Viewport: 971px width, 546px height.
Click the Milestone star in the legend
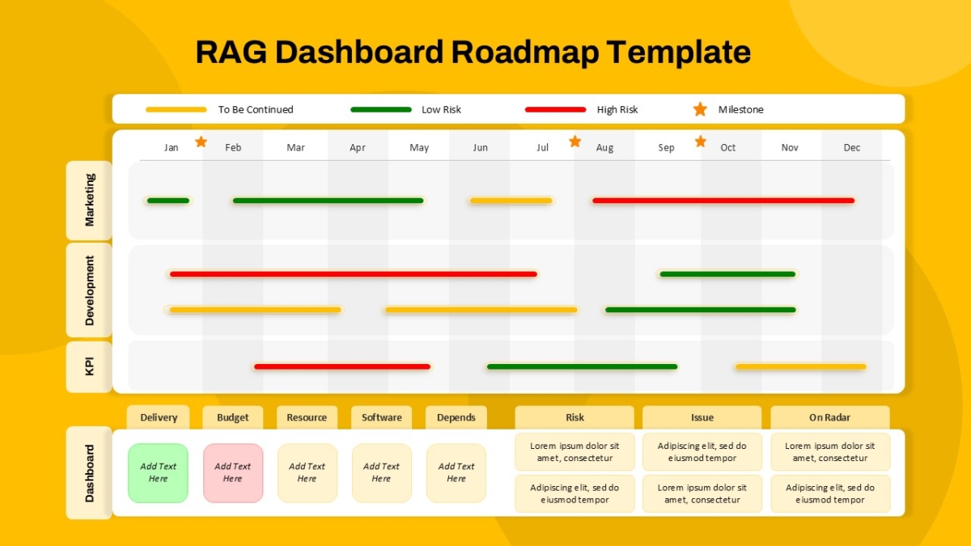pos(700,109)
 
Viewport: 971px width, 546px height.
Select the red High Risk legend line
pos(555,110)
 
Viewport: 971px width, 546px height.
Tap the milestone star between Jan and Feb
pos(201,142)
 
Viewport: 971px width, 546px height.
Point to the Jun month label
pos(481,148)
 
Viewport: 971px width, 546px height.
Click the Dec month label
pos(852,148)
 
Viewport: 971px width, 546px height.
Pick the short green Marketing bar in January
pos(168,201)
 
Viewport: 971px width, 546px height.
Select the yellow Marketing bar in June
pos(511,201)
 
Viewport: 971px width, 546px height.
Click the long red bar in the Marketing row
pos(723,201)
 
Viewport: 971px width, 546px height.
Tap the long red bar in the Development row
pos(354,274)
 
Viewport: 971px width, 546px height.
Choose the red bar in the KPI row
pos(342,366)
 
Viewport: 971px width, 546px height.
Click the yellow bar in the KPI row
pos(800,366)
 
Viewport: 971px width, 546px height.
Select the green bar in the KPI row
pos(582,366)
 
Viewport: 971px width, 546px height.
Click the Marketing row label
pos(89,201)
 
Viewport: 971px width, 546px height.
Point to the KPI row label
pos(89,366)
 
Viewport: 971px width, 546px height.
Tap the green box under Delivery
pos(159,472)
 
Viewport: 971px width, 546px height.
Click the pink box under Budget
pos(233,472)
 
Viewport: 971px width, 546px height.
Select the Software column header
pos(381,417)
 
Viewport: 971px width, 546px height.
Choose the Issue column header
pos(702,417)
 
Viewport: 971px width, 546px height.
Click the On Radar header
pos(829,417)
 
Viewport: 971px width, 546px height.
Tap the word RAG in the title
pos(231,52)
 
